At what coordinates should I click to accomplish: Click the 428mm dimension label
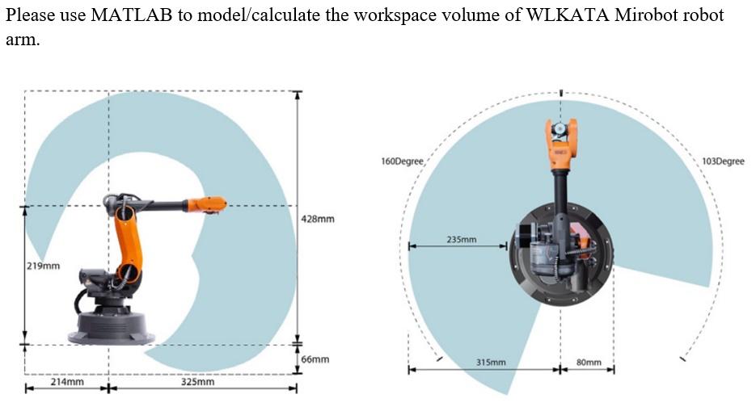(x=318, y=219)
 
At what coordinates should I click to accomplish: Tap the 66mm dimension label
(x=315, y=359)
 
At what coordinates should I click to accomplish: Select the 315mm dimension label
(x=491, y=363)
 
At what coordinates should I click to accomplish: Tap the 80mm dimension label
(x=589, y=363)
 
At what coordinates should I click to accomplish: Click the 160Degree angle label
(x=402, y=161)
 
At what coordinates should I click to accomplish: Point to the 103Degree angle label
(x=723, y=161)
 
